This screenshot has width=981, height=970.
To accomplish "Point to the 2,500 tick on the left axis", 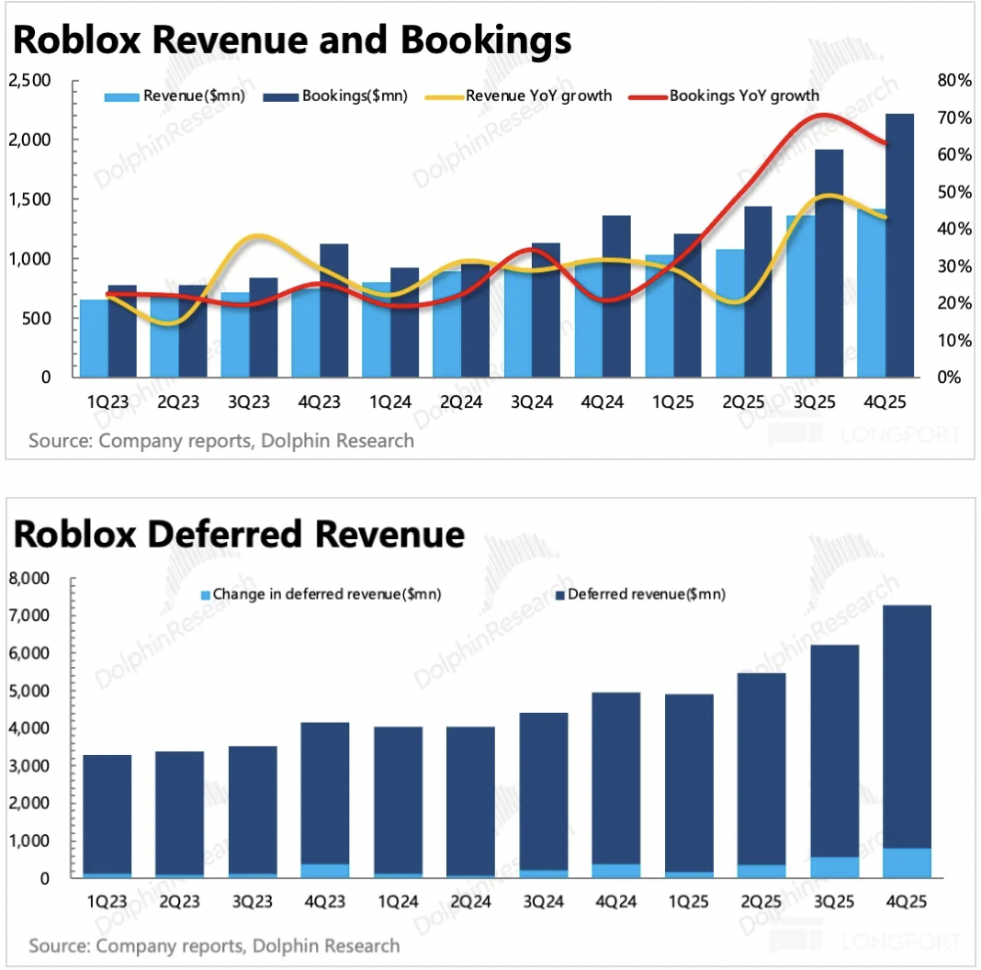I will pos(30,81).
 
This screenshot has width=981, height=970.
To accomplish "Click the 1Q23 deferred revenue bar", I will pos(107,813).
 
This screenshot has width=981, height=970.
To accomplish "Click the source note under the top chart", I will pos(221,441).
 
